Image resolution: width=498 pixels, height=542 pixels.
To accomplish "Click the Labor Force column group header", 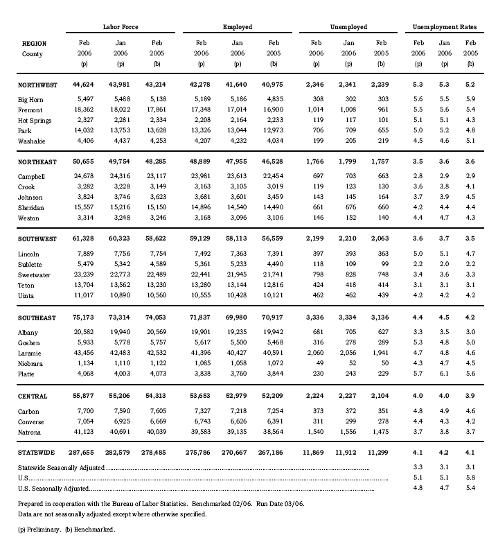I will (121, 27).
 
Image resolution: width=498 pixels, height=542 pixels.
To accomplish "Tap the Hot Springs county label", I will (34, 119).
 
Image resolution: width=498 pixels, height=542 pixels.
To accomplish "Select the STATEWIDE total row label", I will (37, 452).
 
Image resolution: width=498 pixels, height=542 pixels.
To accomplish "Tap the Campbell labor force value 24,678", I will (82, 177).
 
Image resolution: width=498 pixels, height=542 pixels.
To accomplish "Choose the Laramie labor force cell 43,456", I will (82, 353).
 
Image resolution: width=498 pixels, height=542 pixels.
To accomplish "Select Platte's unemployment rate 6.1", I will (444, 373).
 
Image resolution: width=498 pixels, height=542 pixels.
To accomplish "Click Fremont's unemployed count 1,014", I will (313, 110).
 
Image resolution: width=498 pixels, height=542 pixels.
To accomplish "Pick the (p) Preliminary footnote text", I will (38, 530).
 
